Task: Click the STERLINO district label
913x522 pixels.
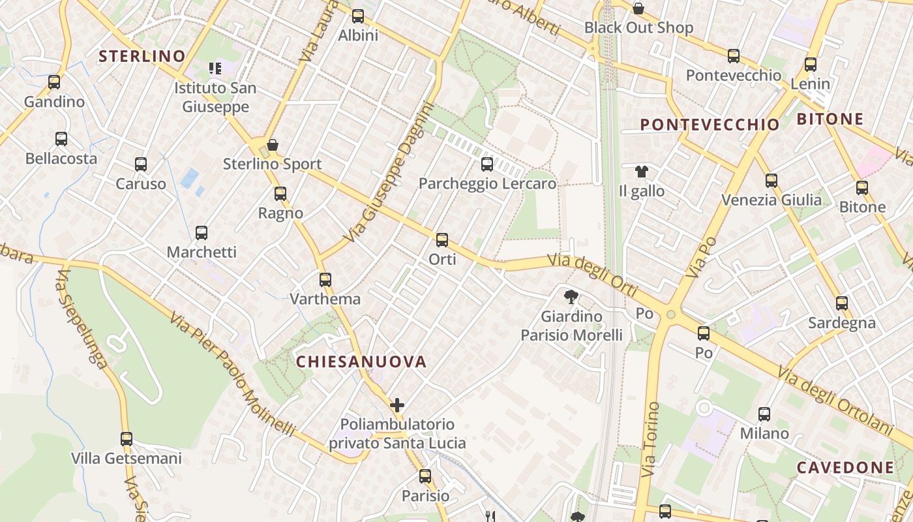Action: pyautogui.click(x=142, y=56)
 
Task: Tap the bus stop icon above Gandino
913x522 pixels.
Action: pyautogui.click(x=54, y=82)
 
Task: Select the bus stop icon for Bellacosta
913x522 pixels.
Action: pyautogui.click(x=61, y=139)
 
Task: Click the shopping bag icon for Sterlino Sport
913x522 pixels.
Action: pyautogui.click(x=273, y=144)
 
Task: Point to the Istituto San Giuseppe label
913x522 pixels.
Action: pyautogui.click(x=215, y=97)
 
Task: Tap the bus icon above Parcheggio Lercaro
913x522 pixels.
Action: pyautogui.click(x=487, y=164)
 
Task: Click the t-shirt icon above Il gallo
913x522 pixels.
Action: pyautogui.click(x=642, y=172)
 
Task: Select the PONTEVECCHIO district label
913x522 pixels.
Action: pyautogui.click(x=710, y=125)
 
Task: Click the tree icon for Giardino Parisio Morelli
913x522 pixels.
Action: pyautogui.click(x=571, y=297)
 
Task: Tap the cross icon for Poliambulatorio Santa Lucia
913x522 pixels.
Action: pyautogui.click(x=397, y=405)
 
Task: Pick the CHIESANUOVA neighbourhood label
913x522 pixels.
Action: pyautogui.click(x=361, y=362)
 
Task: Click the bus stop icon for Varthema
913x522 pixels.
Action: pyautogui.click(x=325, y=280)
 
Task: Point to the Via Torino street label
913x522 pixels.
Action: pyautogui.click(x=650, y=439)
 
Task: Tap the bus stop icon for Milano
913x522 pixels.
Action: pyautogui.click(x=764, y=414)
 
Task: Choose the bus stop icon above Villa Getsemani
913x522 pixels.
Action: pyautogui.click(x=127, y=439)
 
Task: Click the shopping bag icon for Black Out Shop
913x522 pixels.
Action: pyautogui.click(x=638, y=8)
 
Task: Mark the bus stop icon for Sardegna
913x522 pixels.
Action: pyautogui.click(x=842, y=303)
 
